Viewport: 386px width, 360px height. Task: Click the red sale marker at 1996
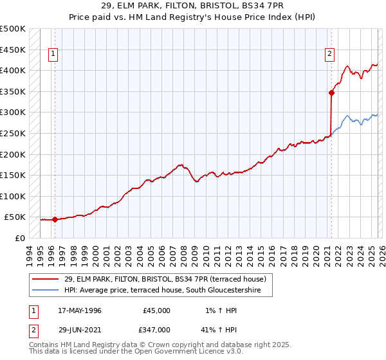(x=55, y=219)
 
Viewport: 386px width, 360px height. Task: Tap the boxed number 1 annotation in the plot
(x=52, y=55)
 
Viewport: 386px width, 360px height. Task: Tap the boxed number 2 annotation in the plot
(x=329, y=55)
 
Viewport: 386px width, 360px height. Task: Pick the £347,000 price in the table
(x=156, y=329)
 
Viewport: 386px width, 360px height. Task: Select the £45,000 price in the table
(x=156, y=310)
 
